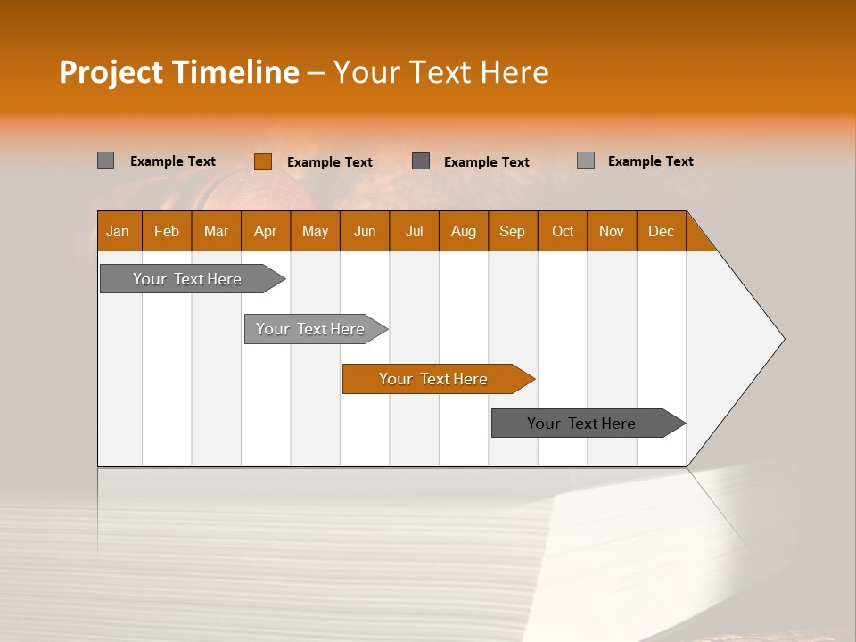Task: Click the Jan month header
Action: pos(118,231)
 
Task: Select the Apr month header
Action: pos(265,231)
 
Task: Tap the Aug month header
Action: pos(463,231)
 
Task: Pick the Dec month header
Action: pos(661,231)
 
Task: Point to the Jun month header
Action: pos(364,231)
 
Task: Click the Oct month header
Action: pos(562,231)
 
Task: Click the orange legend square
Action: pos(262,161)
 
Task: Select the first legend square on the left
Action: pos(105,160)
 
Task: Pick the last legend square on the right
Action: pos(585,160)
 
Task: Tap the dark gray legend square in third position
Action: pos(421,160)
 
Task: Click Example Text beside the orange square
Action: pos(329,162)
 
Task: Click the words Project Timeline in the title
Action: pos(178,72)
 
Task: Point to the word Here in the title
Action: pos(514,72)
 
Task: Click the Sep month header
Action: pos(512,231)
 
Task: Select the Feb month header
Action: pos(166,231)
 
